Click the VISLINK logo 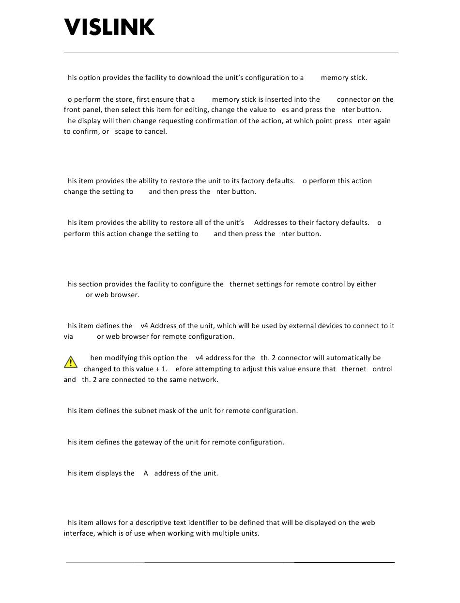[110, 27]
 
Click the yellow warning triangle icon [70, 362]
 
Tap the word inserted [292, 99]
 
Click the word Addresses [271, 223]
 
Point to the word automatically [348, 358]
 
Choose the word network [203, 380]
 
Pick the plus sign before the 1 [157, 369]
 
